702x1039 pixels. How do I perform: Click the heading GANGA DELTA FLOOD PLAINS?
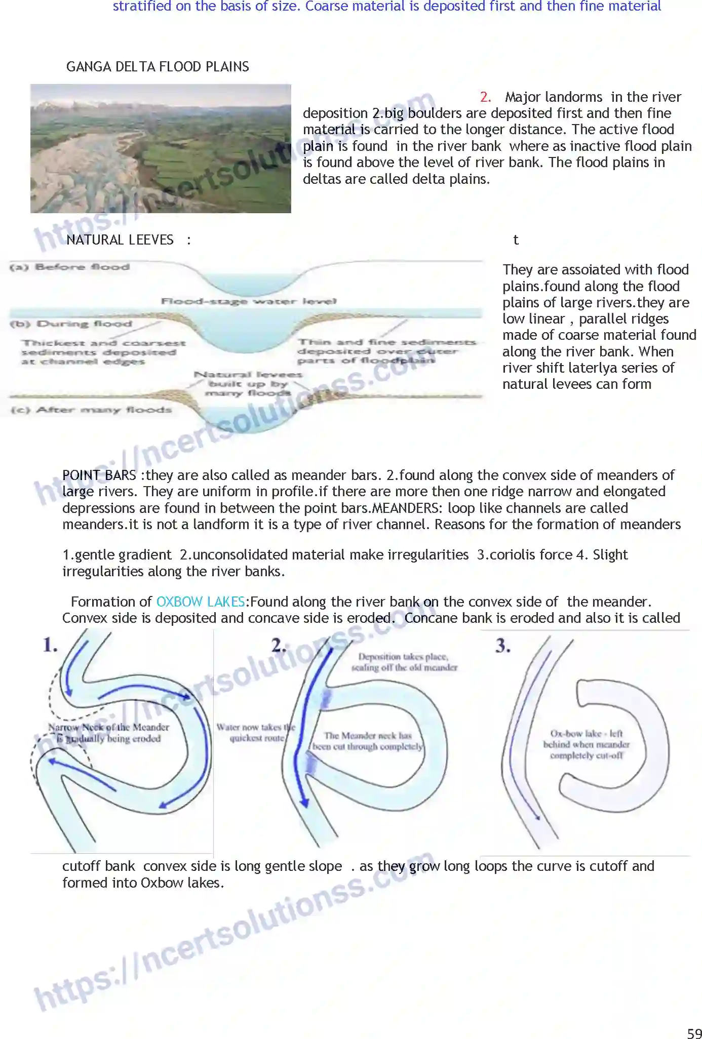(x=158, y=67)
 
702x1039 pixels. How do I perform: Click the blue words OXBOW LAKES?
(x=201, y=602)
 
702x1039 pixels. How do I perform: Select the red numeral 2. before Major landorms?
(x=485, y=97)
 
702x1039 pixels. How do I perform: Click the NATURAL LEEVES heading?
(x=120, y=240)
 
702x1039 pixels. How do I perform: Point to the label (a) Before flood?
(x=70, y=267)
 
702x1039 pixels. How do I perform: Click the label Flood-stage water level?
(x=248, y=301)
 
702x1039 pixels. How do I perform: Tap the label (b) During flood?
(x=71, y=324)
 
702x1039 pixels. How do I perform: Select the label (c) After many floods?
(x=91, y=410)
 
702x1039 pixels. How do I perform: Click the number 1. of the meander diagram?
(x=50, y=645)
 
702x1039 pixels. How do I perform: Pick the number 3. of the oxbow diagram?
(x=502, y=646)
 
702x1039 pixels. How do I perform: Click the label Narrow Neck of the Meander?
(x=108, y=728)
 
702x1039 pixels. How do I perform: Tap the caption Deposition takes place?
(x=404, y=657)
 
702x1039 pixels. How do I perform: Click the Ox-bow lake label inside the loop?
(x=586, y=744)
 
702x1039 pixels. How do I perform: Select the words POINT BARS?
(x=99, y=475)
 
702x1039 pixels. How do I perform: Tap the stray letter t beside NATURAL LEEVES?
(x=516, y=240)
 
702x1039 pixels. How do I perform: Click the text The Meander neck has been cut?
(x=368, y=741)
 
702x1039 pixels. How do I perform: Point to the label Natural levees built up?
(x=248, y=383)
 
